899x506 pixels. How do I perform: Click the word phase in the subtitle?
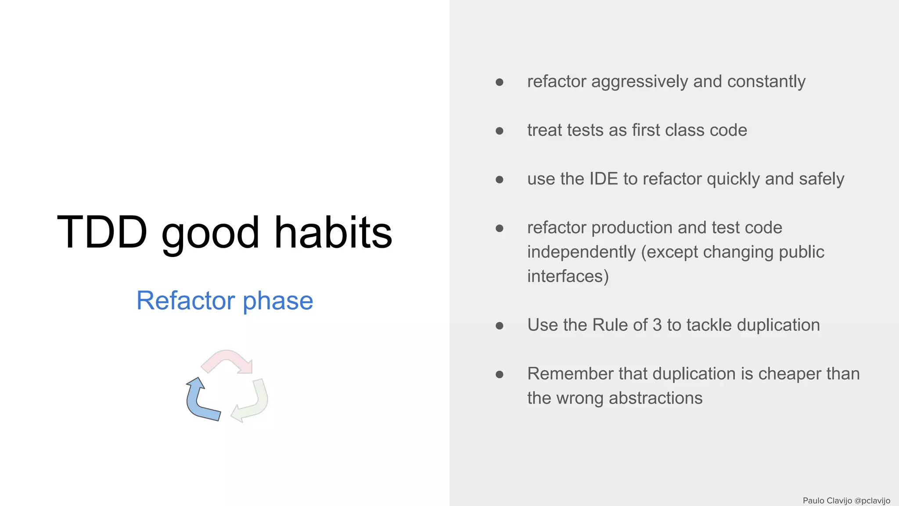pos(278,302)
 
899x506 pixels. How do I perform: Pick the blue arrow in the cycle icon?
pos(200,402)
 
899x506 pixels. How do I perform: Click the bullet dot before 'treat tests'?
pos(499,131)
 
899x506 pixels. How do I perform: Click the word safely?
pos(821,179)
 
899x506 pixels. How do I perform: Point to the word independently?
pos(581,252)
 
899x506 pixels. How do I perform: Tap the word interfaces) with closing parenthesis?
pos(568,276)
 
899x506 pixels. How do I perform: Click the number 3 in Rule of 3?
pos(657,325)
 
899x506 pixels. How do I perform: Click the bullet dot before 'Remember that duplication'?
pos(499,375)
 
